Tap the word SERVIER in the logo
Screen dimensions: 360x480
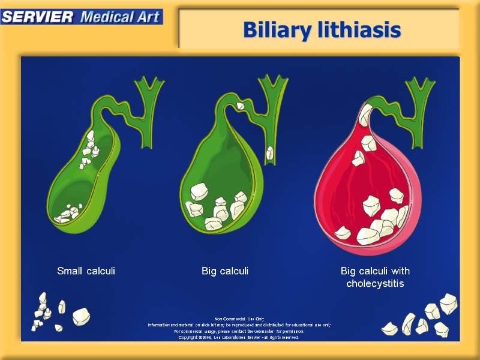37,16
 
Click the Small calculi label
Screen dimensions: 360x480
86,271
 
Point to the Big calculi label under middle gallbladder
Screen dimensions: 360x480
225,271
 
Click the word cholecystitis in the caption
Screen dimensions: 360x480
375,283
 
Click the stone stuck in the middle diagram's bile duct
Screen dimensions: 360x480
270,152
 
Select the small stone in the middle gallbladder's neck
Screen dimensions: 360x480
239,106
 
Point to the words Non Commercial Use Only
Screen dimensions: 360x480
239,319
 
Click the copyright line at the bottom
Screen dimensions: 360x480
239,337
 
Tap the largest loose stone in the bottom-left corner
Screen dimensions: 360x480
81,316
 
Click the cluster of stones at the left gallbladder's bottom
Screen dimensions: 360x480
67,214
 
